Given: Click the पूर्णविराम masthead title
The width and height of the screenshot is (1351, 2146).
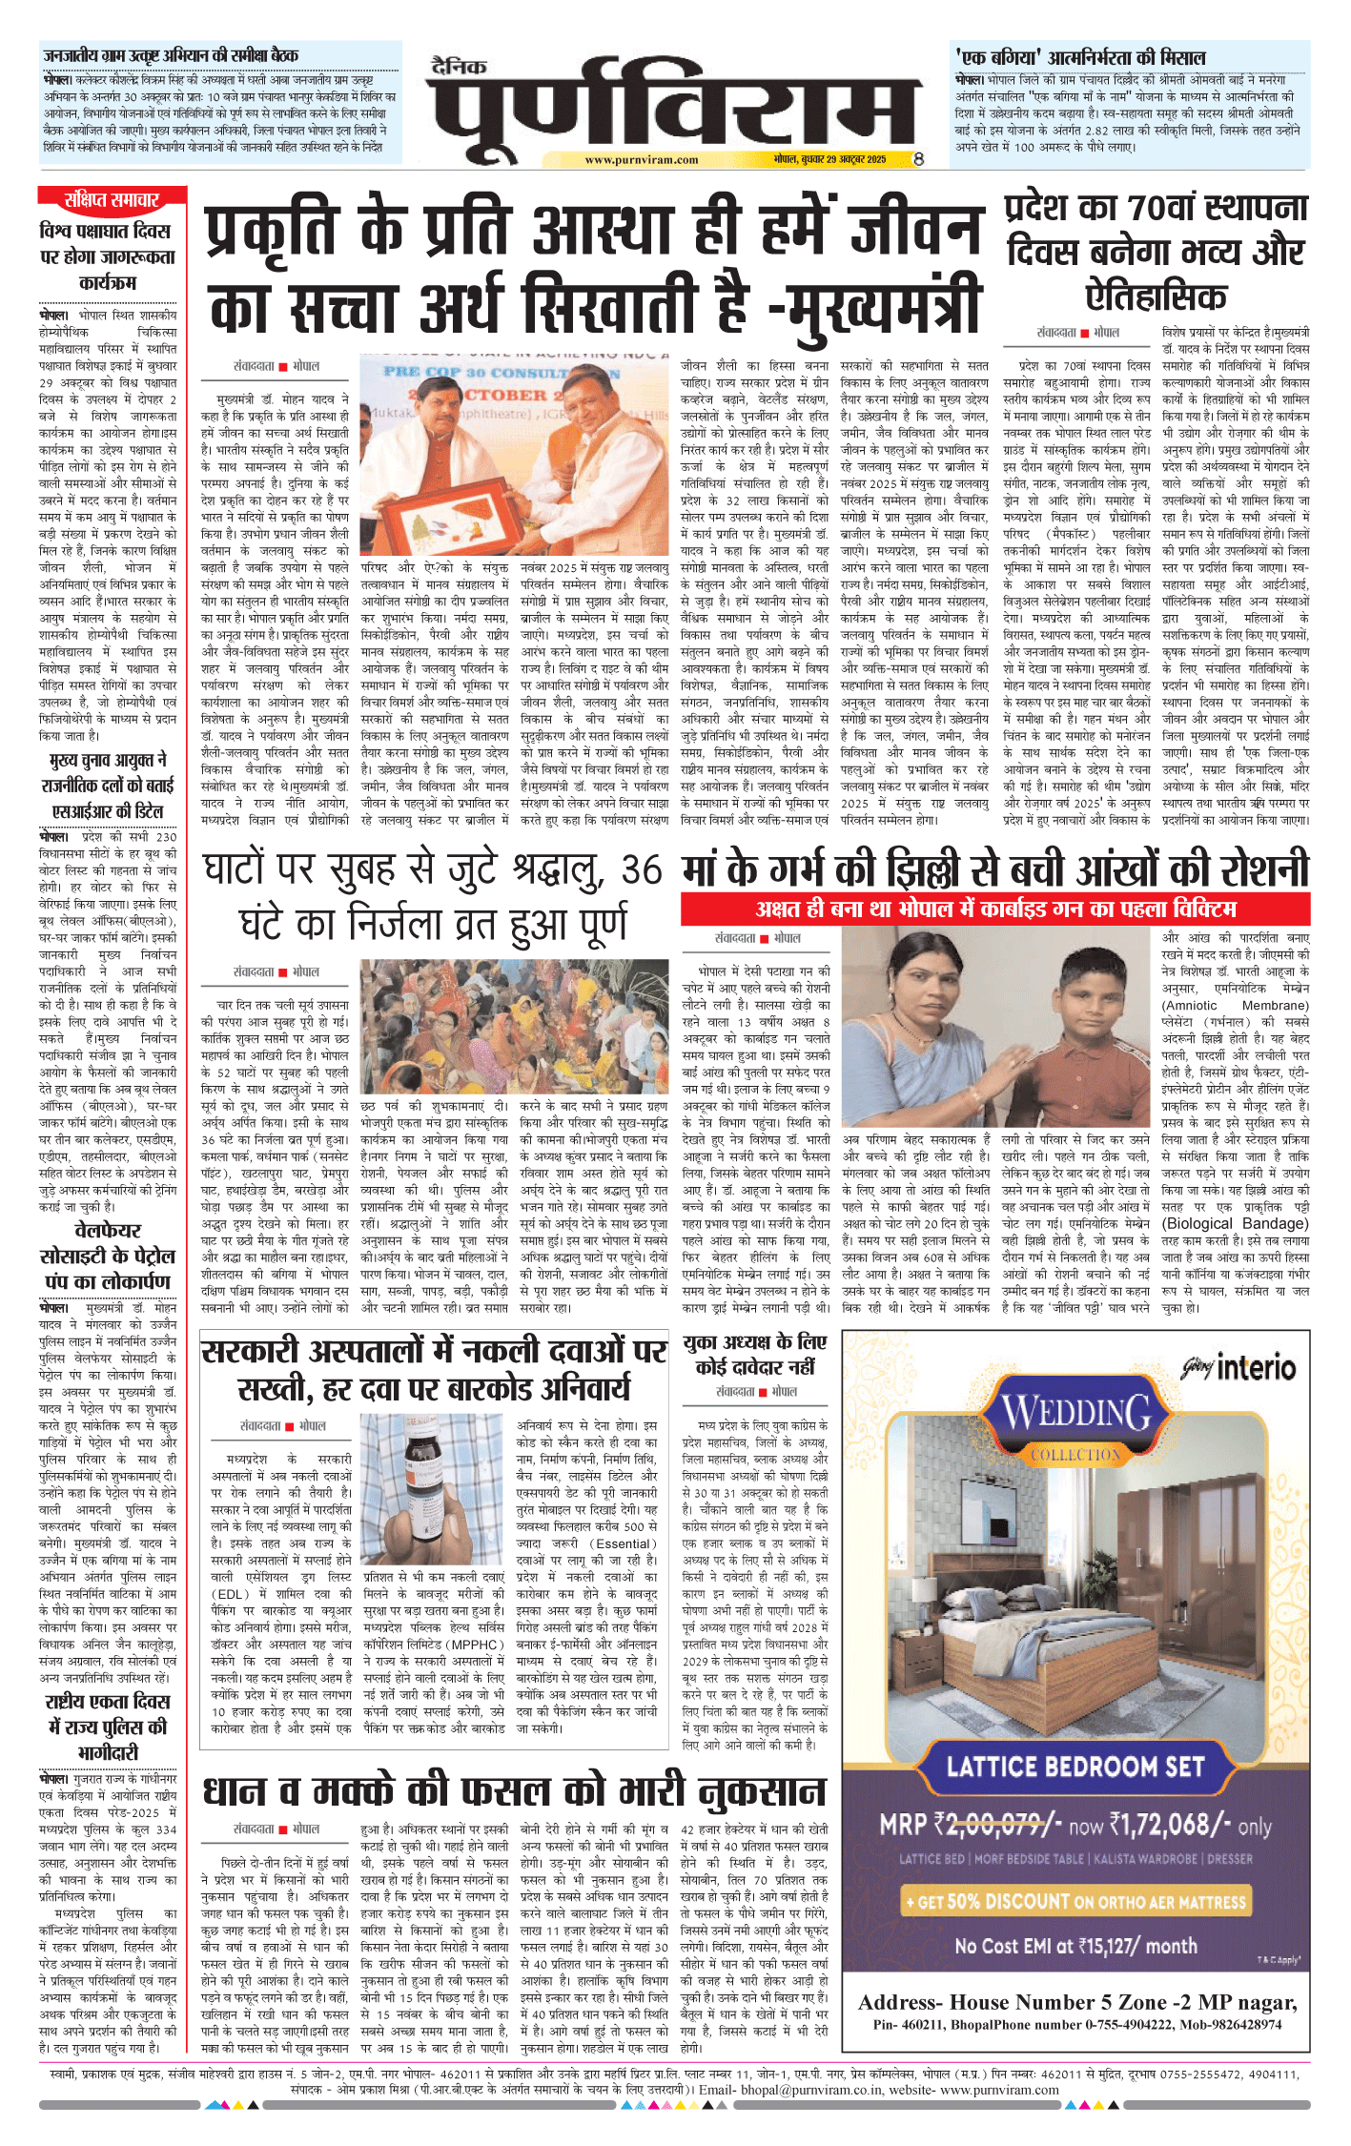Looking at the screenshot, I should pyautogui.click(x=675, y=105).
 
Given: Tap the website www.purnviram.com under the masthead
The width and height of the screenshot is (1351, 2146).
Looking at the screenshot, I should pyautogui.click(x=641, y=160).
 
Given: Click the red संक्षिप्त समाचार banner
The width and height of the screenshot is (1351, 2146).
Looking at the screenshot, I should pyautogui.click(x=112, y=199).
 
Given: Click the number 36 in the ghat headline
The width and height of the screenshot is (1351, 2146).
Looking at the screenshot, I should pyautogui.click(x=641, y=869).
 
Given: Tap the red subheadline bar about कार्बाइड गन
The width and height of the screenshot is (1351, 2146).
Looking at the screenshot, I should pyautogui.click(x=994, y=909).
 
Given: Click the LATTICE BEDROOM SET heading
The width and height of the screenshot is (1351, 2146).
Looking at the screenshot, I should pyautogui.click(x=1075, y=1767).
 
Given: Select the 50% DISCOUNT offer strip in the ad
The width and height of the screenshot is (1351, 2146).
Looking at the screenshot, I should pyautogui.click(x=1075, y=1901).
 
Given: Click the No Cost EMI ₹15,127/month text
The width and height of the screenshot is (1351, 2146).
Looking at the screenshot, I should pyautogui.click(x=1075, y=1946).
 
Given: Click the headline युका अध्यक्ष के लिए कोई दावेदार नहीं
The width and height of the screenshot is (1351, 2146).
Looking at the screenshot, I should pyautogui.click(x=755, y=1355).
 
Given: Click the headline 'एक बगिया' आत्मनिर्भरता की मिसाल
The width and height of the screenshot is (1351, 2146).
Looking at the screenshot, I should pyautogui.click(x=1079, y=57).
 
